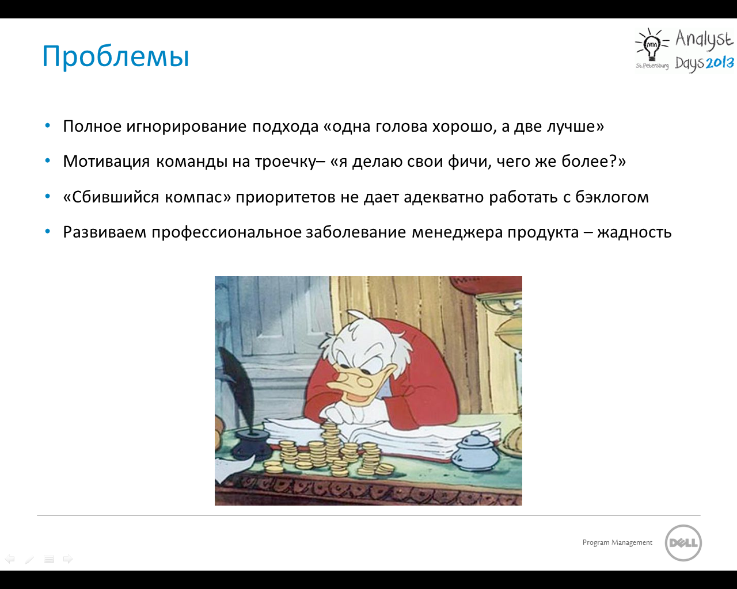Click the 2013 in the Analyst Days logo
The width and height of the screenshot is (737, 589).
point(719,63)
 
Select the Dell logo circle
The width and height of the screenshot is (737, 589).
point(683,543)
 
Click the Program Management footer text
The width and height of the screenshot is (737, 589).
point(617,542)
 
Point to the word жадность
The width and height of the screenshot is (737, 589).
point(635,232)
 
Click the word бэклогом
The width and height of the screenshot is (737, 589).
point(612,197)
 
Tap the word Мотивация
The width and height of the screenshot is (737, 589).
point(107,162)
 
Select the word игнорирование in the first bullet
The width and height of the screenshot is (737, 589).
point(187,127)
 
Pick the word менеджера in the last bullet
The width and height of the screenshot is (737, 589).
point(457,233)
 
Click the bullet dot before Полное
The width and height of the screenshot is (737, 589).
point(48,125)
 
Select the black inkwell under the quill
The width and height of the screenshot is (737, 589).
point(250,444)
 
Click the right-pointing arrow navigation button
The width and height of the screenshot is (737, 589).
point(68,559)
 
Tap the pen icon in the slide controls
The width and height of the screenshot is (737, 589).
point(29,559)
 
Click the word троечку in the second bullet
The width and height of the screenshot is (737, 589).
point(285,162)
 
